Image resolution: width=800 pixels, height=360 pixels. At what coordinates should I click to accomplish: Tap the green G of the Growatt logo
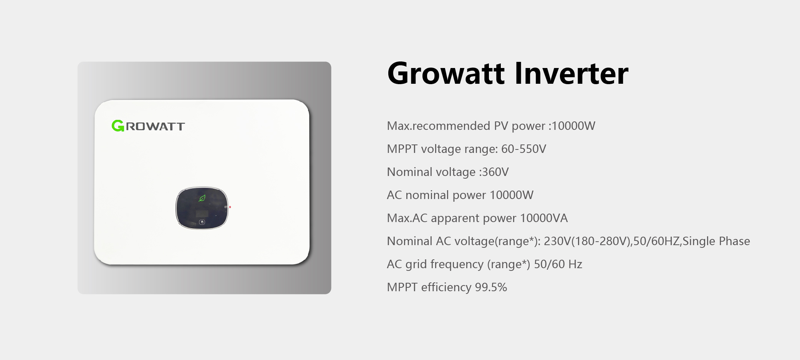pyautogui.click(x=118, y=126)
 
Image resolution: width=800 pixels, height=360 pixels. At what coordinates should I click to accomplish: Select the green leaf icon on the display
pyautogui.click(x=202, y=198)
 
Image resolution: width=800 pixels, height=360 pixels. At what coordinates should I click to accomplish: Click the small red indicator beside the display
pyautogui.click(x=230, y=207)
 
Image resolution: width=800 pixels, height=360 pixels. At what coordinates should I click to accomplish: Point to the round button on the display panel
pyautogui.click(x=202, y=222)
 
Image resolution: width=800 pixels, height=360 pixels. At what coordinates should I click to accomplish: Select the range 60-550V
pyautogui.click(x=523, y=149)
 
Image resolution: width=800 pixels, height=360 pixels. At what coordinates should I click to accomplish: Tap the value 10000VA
pyautogui.click(x=544, y=218)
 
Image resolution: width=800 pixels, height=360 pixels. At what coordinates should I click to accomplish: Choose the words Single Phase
pyautogui.click(x=716, y=241)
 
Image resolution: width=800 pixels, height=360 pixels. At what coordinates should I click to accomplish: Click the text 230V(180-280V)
pyautogui.click(x=587, y=241)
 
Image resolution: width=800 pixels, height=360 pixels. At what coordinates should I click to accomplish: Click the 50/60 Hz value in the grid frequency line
pyautogui.click(x=558, y=264)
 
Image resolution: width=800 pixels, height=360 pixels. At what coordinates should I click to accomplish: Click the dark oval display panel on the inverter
pyautogui.click(x=202, y=208)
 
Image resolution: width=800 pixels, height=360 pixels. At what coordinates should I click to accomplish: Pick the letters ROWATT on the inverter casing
pyautogui.click(x=156, y=126)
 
